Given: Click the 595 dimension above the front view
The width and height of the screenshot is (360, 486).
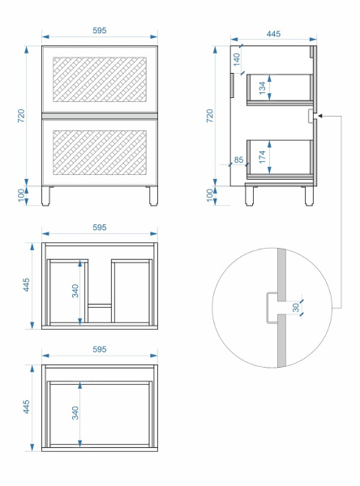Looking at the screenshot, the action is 99,31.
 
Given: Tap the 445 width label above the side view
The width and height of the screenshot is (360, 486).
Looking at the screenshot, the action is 273,34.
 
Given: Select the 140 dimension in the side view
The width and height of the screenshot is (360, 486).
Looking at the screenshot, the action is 237,59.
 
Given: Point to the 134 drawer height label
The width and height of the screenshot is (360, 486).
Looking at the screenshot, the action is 263,88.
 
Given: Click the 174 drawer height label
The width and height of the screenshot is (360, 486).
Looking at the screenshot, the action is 263,157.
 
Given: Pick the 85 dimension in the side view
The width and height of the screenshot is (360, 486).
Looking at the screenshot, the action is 238,160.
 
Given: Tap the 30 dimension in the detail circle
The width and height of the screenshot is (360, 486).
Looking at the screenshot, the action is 295,308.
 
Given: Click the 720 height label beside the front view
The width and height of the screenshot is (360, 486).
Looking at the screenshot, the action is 21,116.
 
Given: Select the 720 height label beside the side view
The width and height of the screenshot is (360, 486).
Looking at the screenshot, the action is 210,116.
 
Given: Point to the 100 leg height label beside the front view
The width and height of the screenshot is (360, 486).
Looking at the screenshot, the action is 21,195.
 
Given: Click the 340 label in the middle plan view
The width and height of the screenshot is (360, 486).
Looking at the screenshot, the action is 75,291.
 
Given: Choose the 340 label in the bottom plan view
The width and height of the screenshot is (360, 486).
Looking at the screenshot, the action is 75,413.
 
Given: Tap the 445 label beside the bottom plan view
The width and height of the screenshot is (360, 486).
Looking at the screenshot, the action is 27,407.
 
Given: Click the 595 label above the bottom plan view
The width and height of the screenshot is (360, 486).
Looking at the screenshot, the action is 99,349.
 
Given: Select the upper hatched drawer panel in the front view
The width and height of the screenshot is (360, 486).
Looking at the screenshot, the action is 100,79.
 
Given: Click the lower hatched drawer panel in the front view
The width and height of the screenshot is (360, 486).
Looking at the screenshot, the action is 100,152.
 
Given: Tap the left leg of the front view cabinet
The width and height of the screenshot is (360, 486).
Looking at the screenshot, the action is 45,196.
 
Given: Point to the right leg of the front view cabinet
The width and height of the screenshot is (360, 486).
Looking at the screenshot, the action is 153,196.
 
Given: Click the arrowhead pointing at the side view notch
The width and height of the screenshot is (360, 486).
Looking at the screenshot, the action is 321,116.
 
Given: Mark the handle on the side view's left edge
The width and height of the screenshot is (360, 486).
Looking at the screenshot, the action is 232,85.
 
